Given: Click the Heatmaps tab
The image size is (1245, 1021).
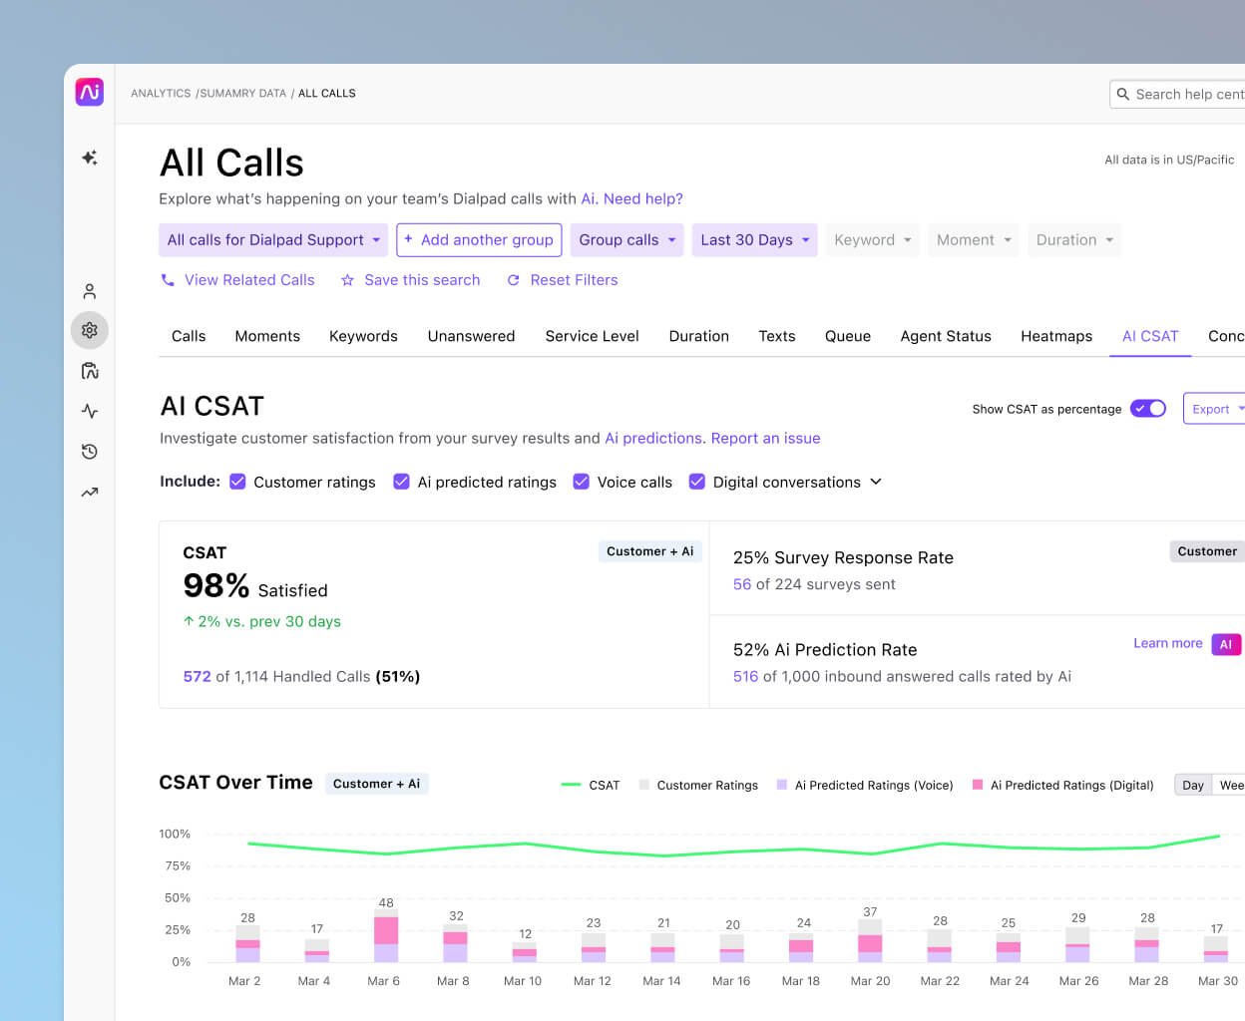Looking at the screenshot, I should pos(1055,336).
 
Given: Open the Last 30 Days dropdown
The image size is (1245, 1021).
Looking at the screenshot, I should pos(754,240).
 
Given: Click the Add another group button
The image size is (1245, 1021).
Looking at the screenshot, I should pos(479,240).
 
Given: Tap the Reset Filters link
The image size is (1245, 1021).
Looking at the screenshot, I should pos(563,280).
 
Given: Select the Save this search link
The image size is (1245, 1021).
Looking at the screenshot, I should pos(410,280).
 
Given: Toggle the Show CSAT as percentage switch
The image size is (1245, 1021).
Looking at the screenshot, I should pos(1147,409).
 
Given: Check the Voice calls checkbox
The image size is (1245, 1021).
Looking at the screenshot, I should pos(582,482).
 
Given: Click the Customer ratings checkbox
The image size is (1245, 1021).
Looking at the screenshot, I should pos(237,482).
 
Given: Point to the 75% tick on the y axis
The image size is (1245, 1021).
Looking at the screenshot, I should pos(178,865).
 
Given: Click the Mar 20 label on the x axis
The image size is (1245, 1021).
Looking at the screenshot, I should pos(870,981).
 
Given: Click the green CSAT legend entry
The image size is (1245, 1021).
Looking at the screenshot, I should pos(591,786).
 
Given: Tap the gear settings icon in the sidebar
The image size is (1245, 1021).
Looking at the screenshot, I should pos(90,330).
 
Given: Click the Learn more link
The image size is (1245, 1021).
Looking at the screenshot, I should pos(1167,643).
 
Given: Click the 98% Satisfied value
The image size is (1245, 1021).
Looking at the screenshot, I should pos(254,586).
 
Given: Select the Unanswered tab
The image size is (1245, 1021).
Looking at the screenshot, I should pos(471,336).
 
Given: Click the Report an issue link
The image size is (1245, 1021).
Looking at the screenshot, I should pos(765,438).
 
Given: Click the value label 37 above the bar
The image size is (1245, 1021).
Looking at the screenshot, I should pos(870,912).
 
